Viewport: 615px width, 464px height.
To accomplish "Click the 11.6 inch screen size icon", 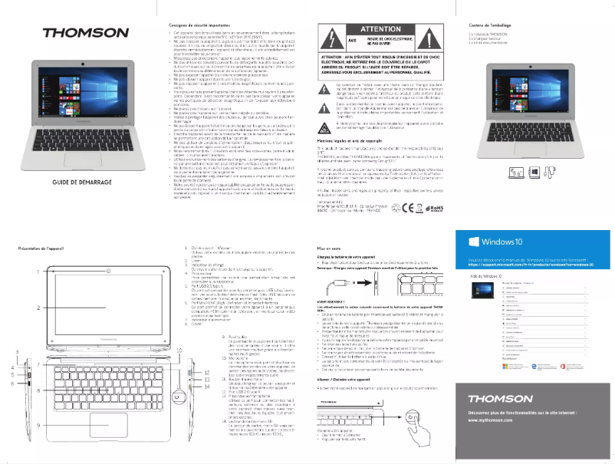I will coord(496,174).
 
